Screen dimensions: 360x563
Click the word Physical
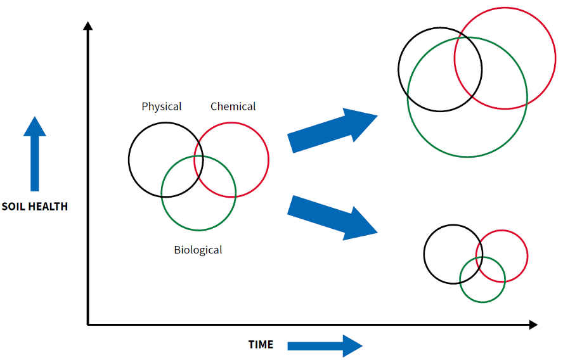(162, 106)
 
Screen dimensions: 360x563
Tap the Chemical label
(233, 106)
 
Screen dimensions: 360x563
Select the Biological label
(198, 250)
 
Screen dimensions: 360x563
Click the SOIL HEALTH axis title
(34, 207)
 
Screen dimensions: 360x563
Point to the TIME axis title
(261, 345)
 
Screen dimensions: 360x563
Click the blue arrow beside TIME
(325, 345)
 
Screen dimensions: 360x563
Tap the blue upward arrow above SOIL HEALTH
(35, 153)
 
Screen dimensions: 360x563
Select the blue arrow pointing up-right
(333, 130)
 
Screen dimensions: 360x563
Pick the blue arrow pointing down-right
(333, 218)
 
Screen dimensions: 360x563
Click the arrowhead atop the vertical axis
(88, 26)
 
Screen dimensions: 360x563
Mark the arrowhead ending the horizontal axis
(533, 325)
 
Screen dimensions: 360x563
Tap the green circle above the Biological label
(198, 230)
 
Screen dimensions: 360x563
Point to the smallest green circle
(482, 302)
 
